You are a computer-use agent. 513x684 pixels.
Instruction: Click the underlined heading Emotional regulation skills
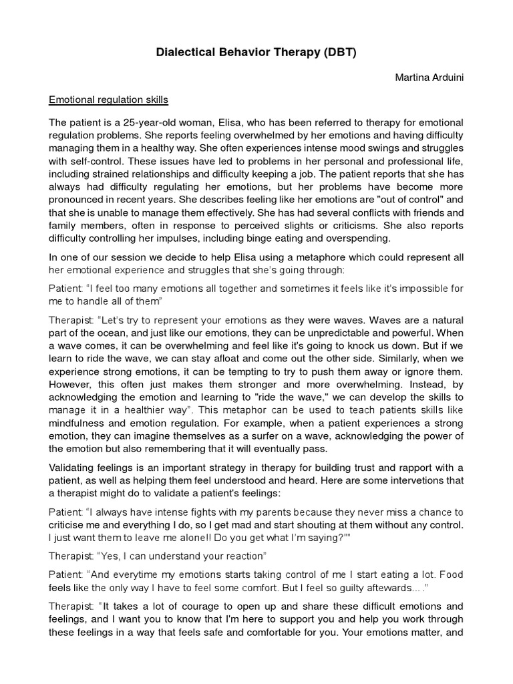108,100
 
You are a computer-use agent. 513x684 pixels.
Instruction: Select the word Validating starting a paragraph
73,446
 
